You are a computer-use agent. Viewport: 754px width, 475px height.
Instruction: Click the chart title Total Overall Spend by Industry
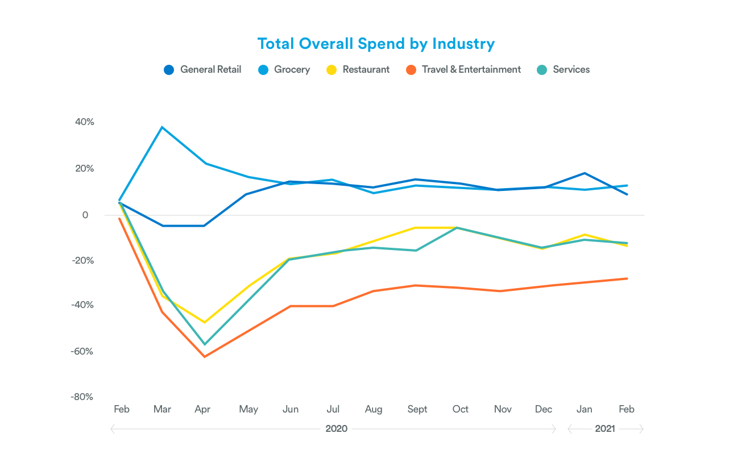(x=376, y=44)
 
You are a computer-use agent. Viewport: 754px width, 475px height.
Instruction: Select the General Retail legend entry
(x=202, y=70)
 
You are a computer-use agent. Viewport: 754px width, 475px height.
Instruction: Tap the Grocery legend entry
(x=284, y=70)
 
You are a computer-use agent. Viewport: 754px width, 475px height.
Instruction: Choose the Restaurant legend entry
(x=358, y=70)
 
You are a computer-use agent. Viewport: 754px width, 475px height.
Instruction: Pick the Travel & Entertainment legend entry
(x=463, y=70)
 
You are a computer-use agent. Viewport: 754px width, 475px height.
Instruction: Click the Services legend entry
(x=564, y=70)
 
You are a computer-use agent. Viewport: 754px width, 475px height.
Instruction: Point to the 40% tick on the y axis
(x=84, y=122)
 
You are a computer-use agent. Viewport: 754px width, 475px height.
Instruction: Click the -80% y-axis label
(x=82, y=397)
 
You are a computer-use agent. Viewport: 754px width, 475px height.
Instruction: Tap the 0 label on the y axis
(x=85, y=215)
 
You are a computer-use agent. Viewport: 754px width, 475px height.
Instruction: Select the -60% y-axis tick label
(x=82, y=351)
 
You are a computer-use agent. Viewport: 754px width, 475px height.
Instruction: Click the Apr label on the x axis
(x=202, y=409)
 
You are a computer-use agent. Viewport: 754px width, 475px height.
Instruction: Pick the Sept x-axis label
(x=417, y=409)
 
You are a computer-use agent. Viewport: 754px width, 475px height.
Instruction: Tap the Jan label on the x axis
(x=585, y=409)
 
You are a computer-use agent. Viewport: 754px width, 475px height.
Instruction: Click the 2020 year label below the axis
(x=336, y=429)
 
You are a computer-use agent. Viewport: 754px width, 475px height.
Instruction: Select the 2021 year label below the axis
(x=605, y=429)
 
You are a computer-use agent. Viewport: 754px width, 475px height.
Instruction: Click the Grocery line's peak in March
(x=162, y=127)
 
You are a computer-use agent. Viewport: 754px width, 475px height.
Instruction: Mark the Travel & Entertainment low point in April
(x=204, y=357)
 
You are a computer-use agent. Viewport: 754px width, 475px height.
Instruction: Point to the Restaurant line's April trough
(x=204, y=322)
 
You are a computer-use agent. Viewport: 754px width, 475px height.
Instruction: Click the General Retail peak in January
(x=585, y=173)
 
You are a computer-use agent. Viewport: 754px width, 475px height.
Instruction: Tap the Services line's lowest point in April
(x=204, y=344)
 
